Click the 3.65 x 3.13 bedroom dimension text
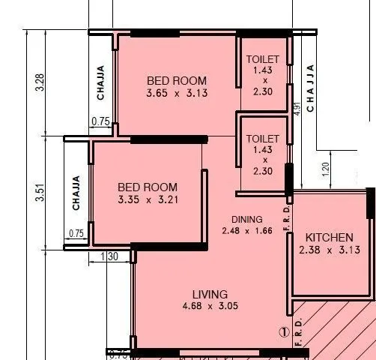[177, 94]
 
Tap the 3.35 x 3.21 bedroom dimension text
[148, 200]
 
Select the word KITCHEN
[325, 237]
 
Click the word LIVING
[210, 294]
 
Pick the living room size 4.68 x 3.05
[210, 307]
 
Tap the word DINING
[246, 220]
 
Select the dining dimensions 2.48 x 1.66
[246, 231]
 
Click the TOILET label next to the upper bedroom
[263, 59]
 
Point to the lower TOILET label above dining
[263, 139]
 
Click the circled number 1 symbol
[284, 331]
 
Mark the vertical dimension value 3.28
[40, 82]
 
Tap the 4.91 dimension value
[297, 107]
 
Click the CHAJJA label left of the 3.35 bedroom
[76, 193]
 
